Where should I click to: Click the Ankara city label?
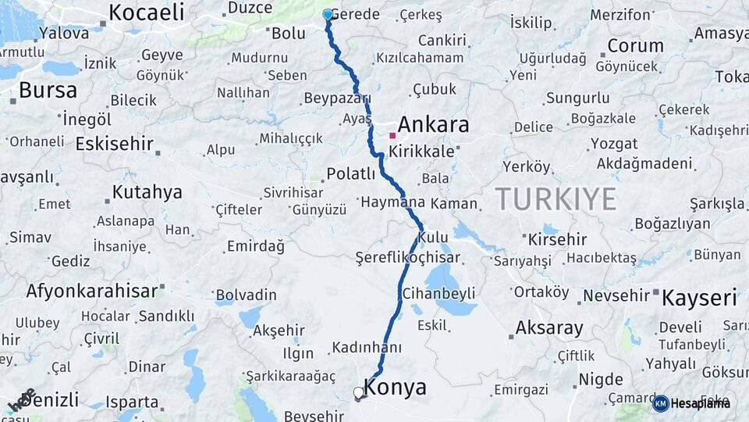point(433,124)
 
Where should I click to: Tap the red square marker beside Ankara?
point(392,135)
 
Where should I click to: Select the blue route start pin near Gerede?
point(328,14)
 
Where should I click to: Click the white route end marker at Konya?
point(358,392)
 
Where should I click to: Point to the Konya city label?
point(396,388)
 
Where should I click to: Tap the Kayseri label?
point(699,297)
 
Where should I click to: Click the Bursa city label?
point(48,90)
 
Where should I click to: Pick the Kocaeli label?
point(147,12)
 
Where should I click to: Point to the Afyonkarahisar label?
point(92,291)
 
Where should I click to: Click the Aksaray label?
point(549,327)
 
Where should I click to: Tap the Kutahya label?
point(147,191)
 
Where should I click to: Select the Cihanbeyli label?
point(438,294)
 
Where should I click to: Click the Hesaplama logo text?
point(701,403)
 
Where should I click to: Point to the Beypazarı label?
point(336,98)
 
